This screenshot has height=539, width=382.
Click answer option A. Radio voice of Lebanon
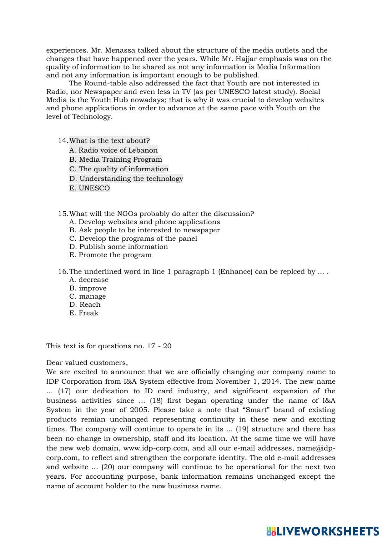(x=113, y=150)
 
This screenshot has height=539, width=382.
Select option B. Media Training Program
(x=116, y=159)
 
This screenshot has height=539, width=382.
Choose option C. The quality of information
(x=119, y=169)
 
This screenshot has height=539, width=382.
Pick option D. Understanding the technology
(x=126, y=179)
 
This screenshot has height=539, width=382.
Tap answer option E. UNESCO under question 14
(x=89, y=188)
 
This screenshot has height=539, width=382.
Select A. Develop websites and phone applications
(x=144, y=222)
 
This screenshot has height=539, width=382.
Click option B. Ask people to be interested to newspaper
(x=144, y=230)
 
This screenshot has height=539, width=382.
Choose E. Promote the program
(x=110, y=255)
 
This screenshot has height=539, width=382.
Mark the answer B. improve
(x=88, y=288)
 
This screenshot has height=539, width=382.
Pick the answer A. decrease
(x=89, y=280)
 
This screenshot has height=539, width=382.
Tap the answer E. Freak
(x=84, y=313)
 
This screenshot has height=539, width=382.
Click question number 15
(x=63, y=214)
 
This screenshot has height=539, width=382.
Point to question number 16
(x=63, y=272)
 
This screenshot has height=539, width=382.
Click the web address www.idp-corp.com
(x=155, y=448)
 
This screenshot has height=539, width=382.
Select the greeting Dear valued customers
(x=87, y=362)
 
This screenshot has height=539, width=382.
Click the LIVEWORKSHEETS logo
(x=323, y=531)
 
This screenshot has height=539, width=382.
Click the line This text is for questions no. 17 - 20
(x=109, y=346)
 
